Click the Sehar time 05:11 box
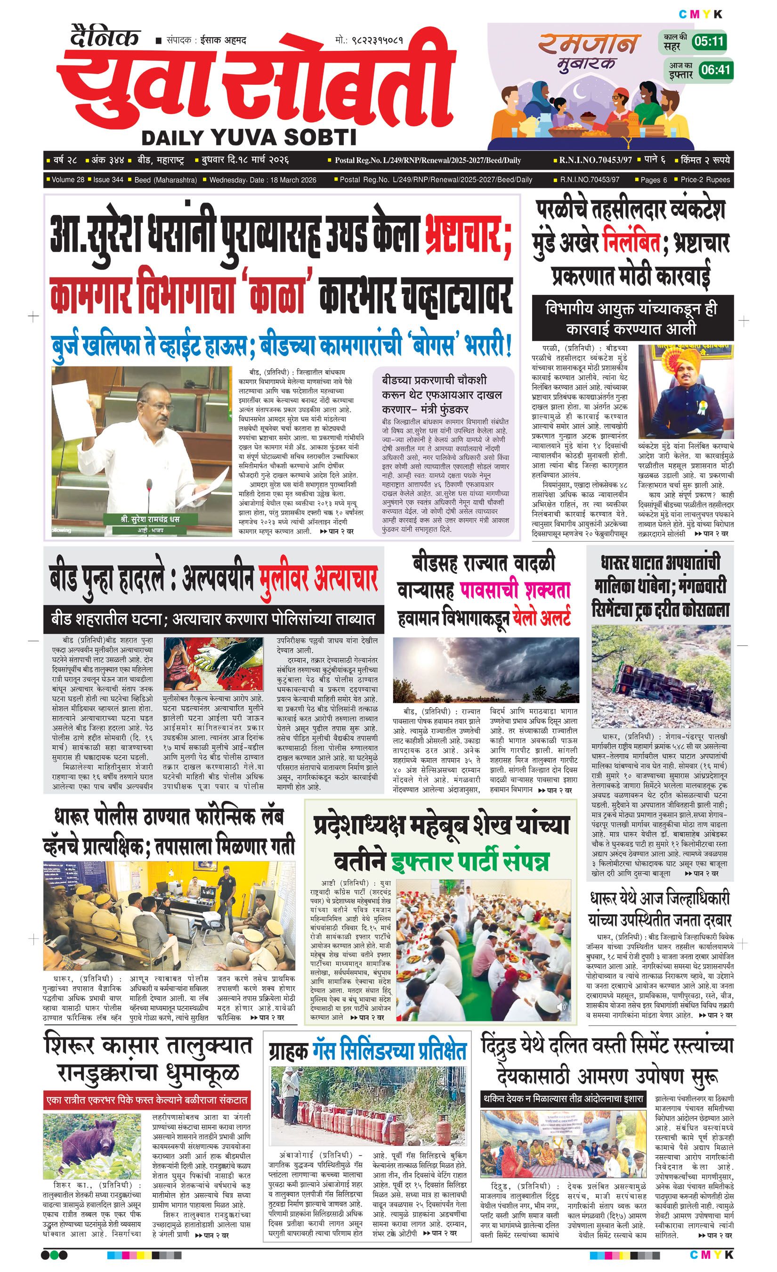pos(709,41)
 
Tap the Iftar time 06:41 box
pos(716,70)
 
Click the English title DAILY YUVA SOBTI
pos(249,137)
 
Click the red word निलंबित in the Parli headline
pos(631,243)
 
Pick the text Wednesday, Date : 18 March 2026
pos(263,179)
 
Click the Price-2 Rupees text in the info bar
pos(705,179)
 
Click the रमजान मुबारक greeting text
pos(589,52)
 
